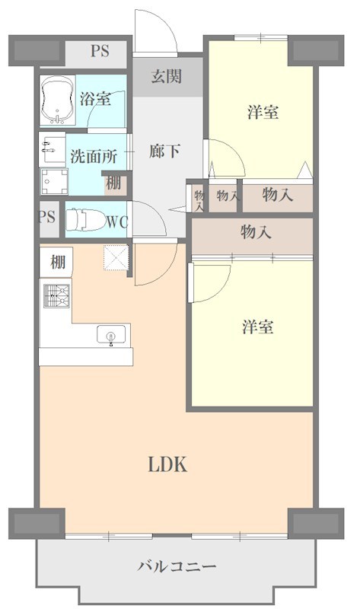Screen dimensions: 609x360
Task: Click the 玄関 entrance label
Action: pos(166,76)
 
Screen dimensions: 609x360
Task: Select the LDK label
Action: pos(167,464)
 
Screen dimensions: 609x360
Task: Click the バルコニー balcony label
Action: pos(177,566)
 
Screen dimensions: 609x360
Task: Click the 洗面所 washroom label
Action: pos(94,157)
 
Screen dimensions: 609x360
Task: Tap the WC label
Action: pos(116,222)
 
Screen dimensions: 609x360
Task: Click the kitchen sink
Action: pos(111,336)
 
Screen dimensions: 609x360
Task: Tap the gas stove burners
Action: pos(56,295)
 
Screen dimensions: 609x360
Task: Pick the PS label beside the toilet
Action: pos(46,217)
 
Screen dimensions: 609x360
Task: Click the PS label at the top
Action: pos(100,52)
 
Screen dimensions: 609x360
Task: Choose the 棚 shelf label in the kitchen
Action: pos(58,263)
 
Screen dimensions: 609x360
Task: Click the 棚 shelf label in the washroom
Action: pos(113,183)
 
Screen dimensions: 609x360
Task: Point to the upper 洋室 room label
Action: pos(263,113)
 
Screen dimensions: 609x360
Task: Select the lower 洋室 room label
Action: pos(258,327)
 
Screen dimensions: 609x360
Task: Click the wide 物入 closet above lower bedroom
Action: pos(256,232)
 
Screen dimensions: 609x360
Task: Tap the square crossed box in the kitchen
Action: pos(114,259)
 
